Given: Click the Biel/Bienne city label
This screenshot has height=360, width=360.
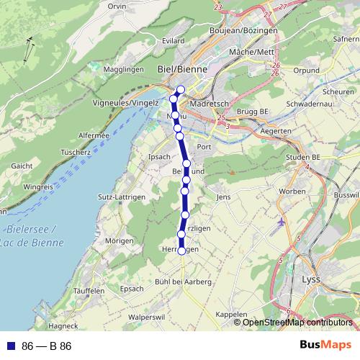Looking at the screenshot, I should coord(181,69).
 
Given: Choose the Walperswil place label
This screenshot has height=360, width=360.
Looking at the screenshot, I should coord(147,316).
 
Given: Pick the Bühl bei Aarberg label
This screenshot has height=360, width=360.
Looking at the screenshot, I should coord(183,281).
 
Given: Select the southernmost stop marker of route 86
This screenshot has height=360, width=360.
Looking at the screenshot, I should coord(181,251).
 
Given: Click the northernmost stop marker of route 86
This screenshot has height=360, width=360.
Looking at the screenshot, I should coord(181,90).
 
